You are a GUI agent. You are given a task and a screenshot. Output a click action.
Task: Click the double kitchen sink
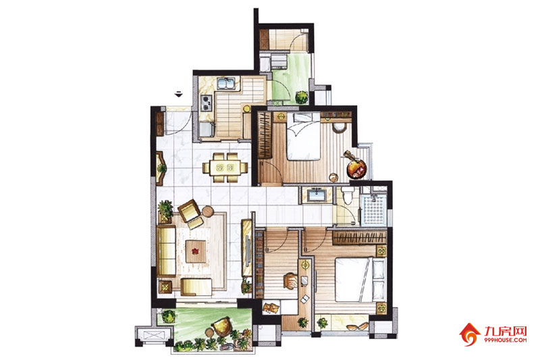pos(226,84)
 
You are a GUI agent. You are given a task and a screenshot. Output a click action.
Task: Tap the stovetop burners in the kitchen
pos(206,103)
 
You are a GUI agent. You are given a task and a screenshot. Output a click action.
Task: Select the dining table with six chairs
pos(225,168)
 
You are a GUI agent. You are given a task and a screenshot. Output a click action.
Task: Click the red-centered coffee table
pos(196,251)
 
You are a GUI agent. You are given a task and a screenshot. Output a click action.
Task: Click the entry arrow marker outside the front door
pos(178,94)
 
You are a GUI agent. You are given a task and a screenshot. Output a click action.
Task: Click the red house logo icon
pos(470,334)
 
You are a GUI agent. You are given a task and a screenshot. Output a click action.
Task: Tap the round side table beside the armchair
pos(208,211)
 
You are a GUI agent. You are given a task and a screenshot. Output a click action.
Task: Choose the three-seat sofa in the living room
pos(167,251)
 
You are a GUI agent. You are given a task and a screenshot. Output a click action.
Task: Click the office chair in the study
pos(291,280)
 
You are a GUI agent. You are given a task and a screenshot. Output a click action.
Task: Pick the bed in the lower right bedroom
pos(360,280)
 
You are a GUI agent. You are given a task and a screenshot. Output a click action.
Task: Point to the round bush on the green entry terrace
pos(302,97)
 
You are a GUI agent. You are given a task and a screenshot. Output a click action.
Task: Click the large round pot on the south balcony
pos(221,326)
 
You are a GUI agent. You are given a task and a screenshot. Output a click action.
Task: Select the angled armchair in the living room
pos(190,213)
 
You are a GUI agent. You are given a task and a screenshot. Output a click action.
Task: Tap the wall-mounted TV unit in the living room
pos(247,247)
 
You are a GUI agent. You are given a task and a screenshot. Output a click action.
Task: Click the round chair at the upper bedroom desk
pos(340,128)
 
